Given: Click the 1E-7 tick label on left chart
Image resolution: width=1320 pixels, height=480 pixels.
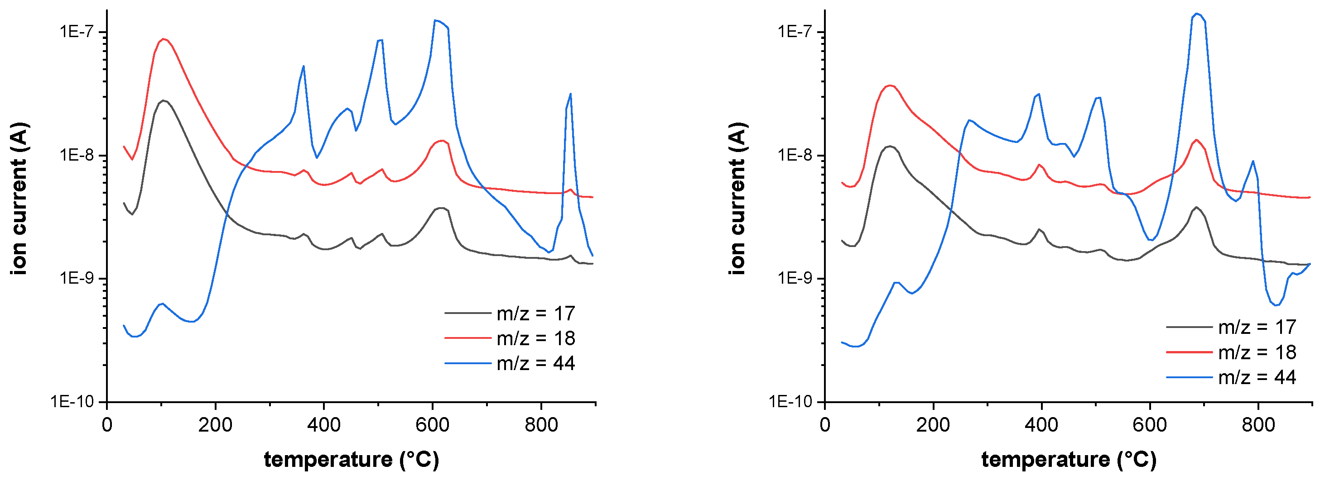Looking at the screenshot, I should (77, 32).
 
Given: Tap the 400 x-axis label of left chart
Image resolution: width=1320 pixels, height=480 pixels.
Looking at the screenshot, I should (323, 425).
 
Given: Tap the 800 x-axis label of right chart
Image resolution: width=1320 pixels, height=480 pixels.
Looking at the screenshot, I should (1258, 425).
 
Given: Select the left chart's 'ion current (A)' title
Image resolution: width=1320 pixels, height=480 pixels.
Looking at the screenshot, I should (19, 199).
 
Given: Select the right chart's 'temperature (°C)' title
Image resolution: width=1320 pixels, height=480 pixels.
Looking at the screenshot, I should (1069, 459).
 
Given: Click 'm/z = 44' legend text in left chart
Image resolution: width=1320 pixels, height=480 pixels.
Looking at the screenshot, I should (535, 363).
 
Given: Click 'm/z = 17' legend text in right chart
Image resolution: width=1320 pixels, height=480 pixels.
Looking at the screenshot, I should (1257, 327).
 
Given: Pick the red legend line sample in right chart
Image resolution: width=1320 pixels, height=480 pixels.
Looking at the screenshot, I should (1189, 352).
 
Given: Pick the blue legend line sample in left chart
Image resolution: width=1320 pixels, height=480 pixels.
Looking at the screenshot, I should (467, 363).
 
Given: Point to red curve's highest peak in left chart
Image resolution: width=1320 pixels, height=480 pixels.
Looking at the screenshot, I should (164, 39).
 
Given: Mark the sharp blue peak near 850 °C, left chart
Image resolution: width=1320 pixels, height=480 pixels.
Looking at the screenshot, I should (570, 94).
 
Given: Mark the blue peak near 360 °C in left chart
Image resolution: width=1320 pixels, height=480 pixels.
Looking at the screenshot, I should (304, 66).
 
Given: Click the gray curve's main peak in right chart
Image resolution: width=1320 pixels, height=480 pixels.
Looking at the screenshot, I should (891, 147).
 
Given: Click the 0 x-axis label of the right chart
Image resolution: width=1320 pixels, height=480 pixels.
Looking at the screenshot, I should (824, 425).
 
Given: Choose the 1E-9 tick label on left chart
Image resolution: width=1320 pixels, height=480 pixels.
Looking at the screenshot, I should (77, 278).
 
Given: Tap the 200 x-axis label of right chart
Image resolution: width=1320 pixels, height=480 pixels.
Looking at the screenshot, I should (933, 425).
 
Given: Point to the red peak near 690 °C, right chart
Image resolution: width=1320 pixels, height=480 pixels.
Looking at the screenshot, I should (1196, 140).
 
